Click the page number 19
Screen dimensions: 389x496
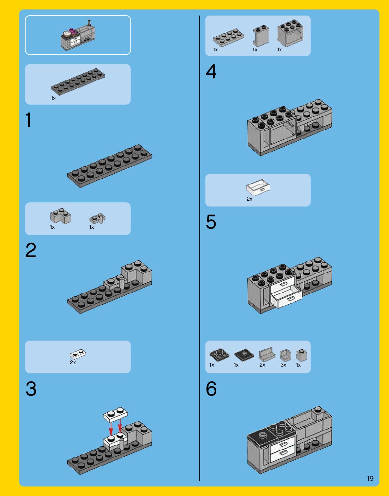[x=370, y=478]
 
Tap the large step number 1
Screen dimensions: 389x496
[x=28, y=120]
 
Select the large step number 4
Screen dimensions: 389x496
[x=211, y=71]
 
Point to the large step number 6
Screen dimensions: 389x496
[x=211, y=389]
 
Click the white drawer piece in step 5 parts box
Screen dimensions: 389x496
[x=258, y=187]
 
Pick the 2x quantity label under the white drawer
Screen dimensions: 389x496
[x=249, y=199]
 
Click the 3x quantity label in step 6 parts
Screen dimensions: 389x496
[x=283, y=365]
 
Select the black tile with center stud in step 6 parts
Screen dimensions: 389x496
[x=244, y=355]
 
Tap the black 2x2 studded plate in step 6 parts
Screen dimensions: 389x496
[x=219, y=355]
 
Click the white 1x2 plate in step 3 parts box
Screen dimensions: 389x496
[x=78, y=354]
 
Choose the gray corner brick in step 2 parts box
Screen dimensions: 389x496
[x=60, y=216]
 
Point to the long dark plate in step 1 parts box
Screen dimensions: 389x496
[x=78, y=81]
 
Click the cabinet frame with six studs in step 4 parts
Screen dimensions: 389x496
[x=290, y=33]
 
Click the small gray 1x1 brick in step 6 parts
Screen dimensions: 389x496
[x=301, y=355]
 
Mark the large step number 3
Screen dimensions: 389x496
[x=31, y=389]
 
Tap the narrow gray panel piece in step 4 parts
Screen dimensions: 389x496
[x=261, y=36]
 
